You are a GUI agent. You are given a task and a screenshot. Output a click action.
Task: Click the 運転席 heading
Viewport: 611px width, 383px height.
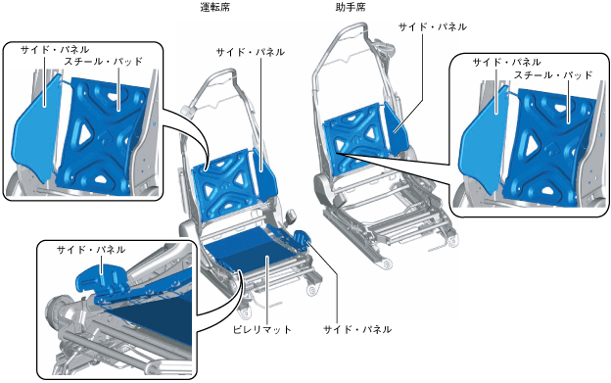point(214,8)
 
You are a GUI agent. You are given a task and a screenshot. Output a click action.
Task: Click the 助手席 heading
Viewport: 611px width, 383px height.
point(351,8)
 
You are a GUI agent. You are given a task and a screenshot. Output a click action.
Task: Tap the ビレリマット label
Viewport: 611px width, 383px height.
point(261,330)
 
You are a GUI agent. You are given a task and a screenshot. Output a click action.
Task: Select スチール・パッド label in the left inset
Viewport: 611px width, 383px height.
point(103,62)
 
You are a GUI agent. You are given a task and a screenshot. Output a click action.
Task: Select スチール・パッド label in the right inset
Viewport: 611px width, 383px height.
point(553,74)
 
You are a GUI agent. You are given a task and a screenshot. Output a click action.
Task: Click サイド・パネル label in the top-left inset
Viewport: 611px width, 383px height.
point(55,50)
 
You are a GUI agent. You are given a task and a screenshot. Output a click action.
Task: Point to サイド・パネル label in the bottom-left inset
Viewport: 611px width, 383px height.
point(91,250)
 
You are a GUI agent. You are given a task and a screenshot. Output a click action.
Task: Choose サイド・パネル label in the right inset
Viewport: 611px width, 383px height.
point(506,62)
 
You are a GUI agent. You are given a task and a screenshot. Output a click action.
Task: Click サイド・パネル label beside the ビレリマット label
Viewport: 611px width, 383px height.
point(357,330)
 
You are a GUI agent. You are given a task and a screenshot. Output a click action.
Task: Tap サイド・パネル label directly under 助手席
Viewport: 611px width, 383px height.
point(433,26)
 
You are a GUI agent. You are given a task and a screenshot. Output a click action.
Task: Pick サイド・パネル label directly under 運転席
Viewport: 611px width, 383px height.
point(250,52)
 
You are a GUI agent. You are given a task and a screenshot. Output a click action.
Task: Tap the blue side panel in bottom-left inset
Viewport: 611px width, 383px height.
point(102,278)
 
